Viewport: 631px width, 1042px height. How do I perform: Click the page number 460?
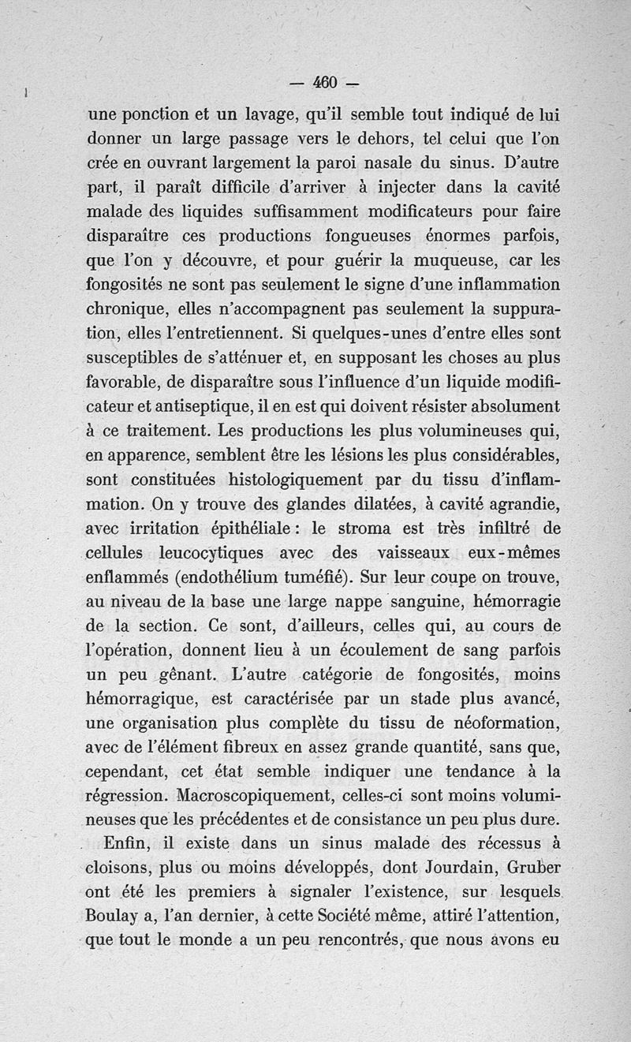tap(325, 81)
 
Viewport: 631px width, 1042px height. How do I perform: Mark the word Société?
tap(379, 919)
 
